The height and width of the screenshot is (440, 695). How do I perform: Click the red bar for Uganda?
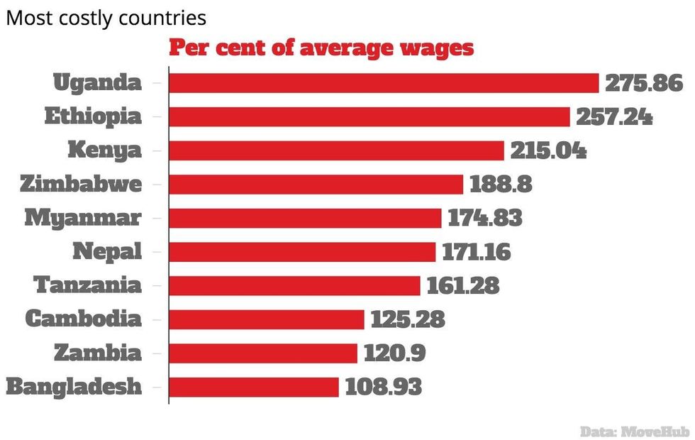point(384,83)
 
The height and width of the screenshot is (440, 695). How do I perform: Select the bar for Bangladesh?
point(254,387)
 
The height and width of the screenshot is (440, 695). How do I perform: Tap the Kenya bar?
point(336,150)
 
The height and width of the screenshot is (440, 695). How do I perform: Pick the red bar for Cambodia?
point(267,319)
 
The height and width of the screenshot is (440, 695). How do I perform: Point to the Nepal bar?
point(302,252)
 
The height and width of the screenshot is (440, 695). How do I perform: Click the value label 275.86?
point(643,83)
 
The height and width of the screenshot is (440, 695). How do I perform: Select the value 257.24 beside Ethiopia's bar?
point(614,117)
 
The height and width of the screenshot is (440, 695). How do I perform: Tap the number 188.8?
point(501,185)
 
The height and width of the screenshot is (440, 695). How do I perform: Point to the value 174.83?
point(485,218)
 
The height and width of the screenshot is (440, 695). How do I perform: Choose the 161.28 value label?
point(463,285)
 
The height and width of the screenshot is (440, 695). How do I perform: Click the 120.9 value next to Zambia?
point(395,353)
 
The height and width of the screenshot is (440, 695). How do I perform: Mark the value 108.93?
point(383,387)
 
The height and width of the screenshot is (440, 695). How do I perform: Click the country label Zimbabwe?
point(81,185)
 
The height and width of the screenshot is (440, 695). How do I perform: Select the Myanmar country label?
point(83,218)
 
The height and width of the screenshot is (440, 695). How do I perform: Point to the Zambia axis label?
point(98,353)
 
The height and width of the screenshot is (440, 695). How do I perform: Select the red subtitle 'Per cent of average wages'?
point(321,49)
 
